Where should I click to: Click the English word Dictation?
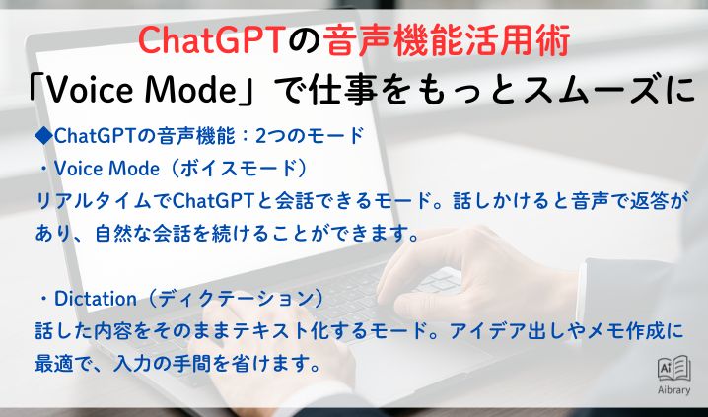click(x=91, y=298)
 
